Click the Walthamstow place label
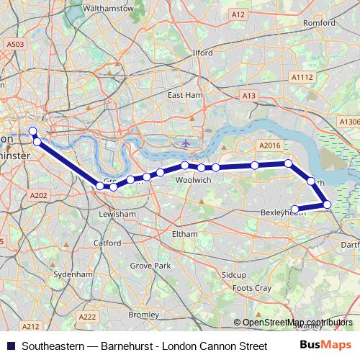coord(109,9)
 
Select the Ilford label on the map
coord(202,53)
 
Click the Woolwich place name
coord(193,180)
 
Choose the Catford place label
coord(107,243)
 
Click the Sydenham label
coord(73,274)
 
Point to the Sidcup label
coord(234,275)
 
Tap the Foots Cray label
coord(253,288)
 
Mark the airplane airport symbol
coord(186,143)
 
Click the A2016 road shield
coord(269,145)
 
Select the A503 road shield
coord(14,44)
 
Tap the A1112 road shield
coord(302,77)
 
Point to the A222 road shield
coord(88,316)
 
